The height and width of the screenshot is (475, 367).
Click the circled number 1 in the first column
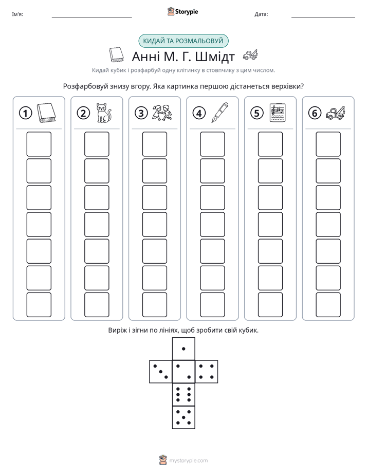tap(25, 113)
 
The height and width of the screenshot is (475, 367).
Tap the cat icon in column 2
tap(103, 113)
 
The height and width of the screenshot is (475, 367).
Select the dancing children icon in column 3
tap(162, 113)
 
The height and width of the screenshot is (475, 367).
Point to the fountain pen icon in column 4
tap(220, 113)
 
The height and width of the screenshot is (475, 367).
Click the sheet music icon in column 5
tap(278, 113)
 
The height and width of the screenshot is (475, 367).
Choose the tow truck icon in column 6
tap(336, 113)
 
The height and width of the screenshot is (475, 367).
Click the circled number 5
tap(257, 113)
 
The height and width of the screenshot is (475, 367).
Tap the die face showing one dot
tap(183, 349)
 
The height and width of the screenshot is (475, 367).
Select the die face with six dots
tap(183, 395)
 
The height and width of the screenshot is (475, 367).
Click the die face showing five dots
tap(183, 417)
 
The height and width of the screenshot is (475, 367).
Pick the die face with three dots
tap(161, 372)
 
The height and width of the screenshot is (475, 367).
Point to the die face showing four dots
tap(207, 372)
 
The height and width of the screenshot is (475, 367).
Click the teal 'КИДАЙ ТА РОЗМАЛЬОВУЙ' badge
tap(183, 41)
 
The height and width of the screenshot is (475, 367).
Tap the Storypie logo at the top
tap(182, 11)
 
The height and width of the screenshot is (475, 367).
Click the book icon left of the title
tap(117, 55)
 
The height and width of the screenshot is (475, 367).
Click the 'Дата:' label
tap(261, 14)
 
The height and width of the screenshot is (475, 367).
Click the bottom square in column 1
tap(39, 305)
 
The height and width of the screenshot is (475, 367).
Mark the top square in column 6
tap(328, 144)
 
